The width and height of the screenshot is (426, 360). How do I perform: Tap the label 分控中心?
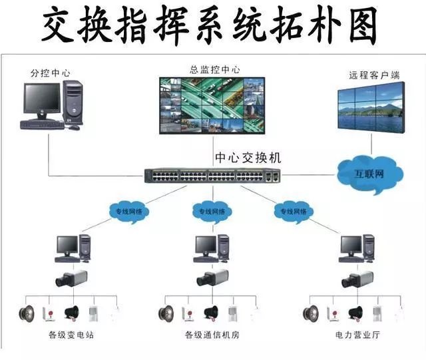click(x=49, y=72)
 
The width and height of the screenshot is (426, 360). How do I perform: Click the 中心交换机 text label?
click(x=247, y=158)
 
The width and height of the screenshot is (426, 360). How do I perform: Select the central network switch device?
click(x=212, y=176)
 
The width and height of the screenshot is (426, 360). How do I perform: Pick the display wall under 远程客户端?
click(x=370, y=108)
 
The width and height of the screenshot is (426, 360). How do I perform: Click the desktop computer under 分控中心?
click(x=52, y=104)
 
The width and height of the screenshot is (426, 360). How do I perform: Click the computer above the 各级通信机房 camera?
click(x=212, y=247)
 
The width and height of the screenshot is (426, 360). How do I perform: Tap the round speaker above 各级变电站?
click(x=27, y=313)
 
